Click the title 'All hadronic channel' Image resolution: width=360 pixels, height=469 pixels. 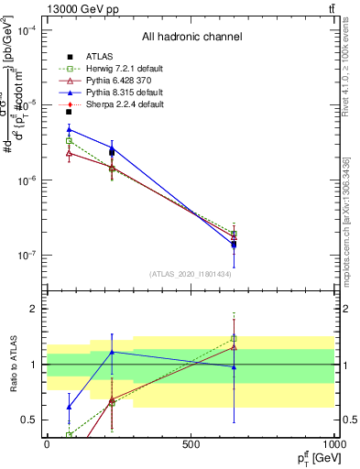tap(191, 38)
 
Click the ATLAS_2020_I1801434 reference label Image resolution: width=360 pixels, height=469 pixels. tap(191, 274)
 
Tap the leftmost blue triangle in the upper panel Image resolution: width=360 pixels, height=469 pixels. tap(69, 130)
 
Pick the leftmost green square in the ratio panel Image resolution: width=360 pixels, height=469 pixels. tap(70, 435)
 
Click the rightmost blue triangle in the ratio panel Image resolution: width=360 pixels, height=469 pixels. tap(234, 367)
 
